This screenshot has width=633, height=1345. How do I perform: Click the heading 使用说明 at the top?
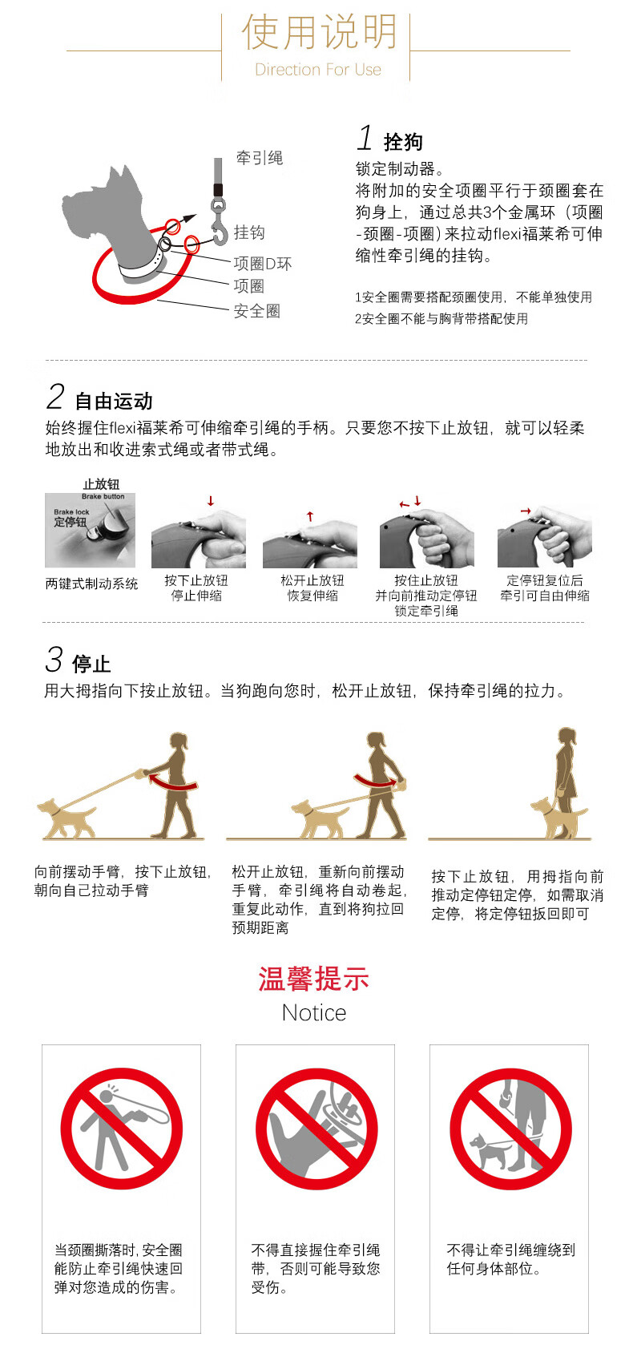pyautogui.click(x=319, y=32)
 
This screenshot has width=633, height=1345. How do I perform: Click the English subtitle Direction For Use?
pyautogui.click(x=318, y=70)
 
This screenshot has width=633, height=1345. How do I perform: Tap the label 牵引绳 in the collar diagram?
pyautogui.click(x=259, y=158)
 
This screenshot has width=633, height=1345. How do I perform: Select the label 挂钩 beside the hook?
pyautogui.click(x=249, y=232)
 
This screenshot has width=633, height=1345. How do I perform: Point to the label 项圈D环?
pyautogui.click(x=262, y=264)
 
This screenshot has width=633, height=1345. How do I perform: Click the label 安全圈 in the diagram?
pyautogui.click(x=256, y=311)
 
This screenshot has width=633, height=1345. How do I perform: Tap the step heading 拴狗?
pyautogui.click(x=403, y=143)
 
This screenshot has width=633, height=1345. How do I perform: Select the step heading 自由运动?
pyautogui.click(x=114, y=401)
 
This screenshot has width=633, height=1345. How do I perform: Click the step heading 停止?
pyautogui.click(x=91, y=664)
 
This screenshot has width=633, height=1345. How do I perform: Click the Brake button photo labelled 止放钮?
pyautogui.click(x=90, y=530)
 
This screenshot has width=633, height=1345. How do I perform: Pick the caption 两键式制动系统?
pyautogui.click(x=92, y=584)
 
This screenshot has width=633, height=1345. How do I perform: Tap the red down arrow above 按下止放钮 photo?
pyautogui.click(x=211, y=501)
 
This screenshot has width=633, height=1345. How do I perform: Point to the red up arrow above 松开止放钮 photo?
pyautogui.click(x=309, y=515)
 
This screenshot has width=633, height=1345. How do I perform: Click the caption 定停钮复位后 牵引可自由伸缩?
pyautogui.click(x=545, y=588)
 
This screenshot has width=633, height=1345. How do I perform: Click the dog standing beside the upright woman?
pyautogui.click(x=558, y=818)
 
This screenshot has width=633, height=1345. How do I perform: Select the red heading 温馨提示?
pyautogui.click(x=314, y=979)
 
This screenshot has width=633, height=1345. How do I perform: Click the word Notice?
pyautogui.click(x=314, y=1013)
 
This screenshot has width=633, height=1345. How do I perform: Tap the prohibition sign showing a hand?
pyautogui.click(x=316, y=1129)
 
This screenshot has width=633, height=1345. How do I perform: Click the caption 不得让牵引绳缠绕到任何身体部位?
pyautogui.click(x=511, y=1259)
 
